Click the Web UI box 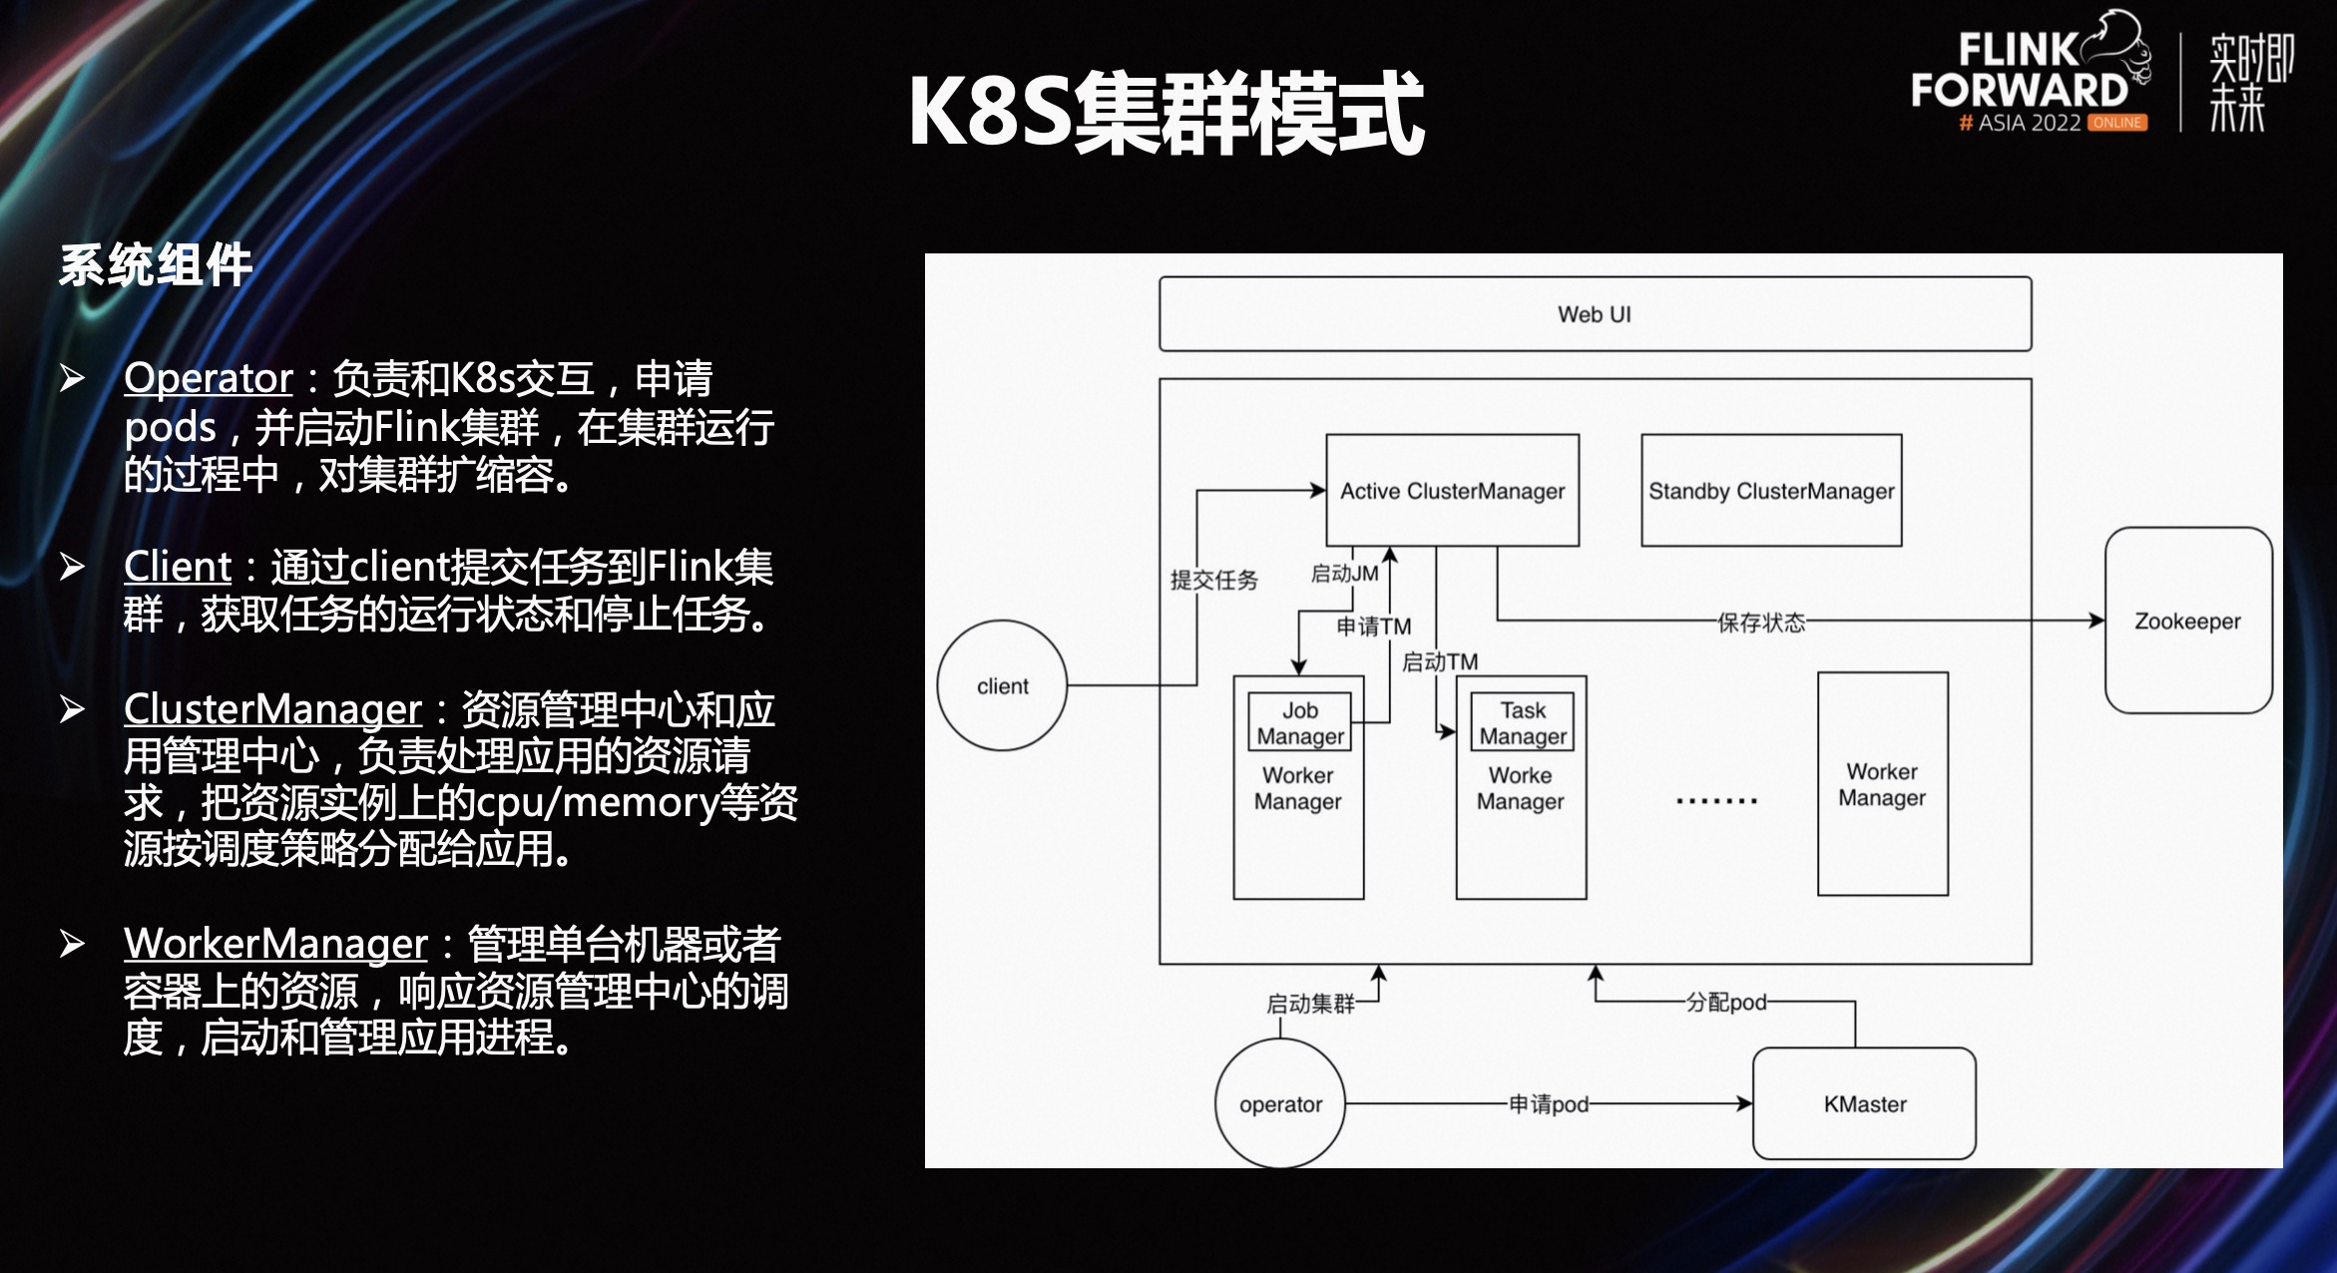(1594, 314)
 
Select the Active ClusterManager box (1452, 491)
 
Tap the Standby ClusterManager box (1771, 491)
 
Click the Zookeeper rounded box (2187, 621)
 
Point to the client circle (1002, 686)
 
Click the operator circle (1280, 1104)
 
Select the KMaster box (1864, 1104)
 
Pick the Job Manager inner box (1299, 722)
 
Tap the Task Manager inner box (1522, 722)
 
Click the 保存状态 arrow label (1761, 623)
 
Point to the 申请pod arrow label (1548, 1104)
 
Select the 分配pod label (1726, 1002)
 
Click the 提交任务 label (1213, 580)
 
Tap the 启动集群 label (1310, 1004)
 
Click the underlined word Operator (209, 378)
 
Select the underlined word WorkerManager (275, 943)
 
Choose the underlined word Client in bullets (178, 567)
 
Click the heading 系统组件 (156, 265)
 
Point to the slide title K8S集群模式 (1166, 113)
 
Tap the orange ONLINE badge (2117, 123)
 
